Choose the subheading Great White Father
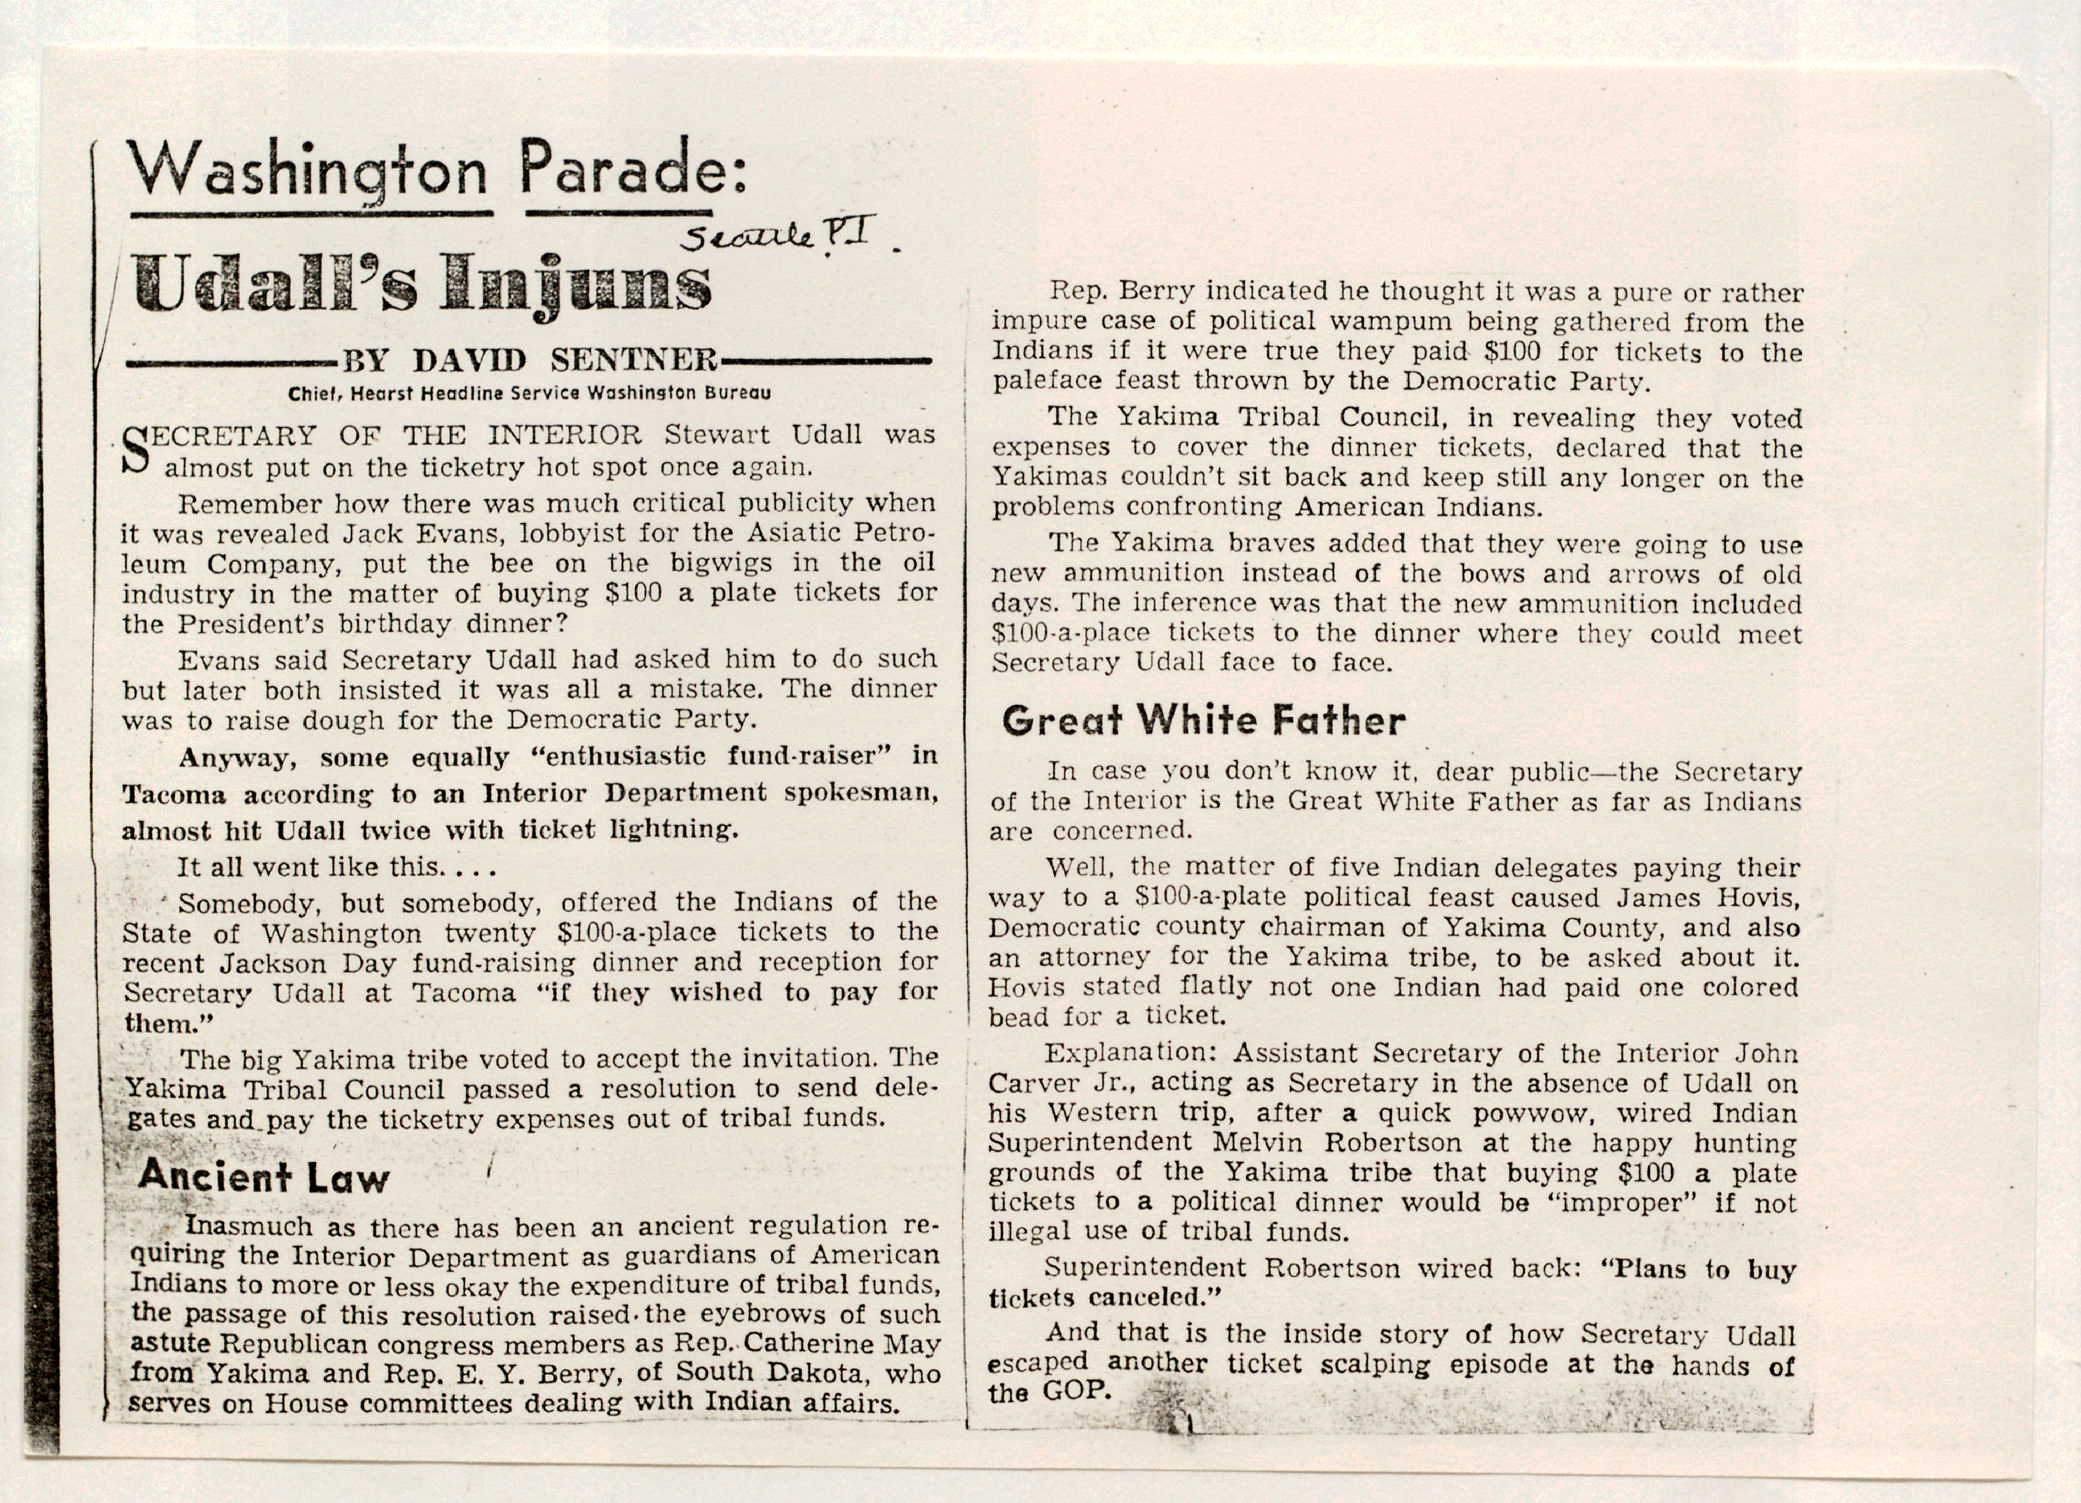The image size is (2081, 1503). pyautogui.click(x=1203, y=720)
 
